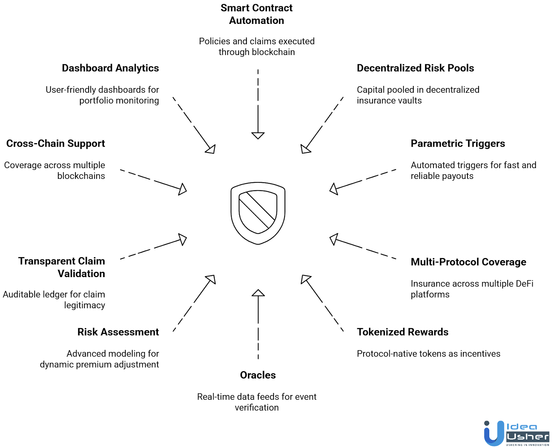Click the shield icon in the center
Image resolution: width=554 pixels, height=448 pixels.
(x=258, y=213)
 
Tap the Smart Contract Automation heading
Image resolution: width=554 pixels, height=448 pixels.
(x=257, y=14)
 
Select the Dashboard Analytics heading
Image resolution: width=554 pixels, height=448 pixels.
(x=110, y=68)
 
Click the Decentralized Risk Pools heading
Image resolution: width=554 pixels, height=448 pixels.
(x=415, y=68)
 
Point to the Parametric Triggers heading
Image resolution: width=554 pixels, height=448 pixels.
(x=458, y=144)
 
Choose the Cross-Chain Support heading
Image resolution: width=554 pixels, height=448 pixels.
(x=55, y=144)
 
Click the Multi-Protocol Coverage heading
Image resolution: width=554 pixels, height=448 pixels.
(x=468, y=262)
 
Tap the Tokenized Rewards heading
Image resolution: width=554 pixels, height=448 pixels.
(x=402, y=332)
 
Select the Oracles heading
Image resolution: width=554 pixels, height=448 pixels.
(x=258, y=375)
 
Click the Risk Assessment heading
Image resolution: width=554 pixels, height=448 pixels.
(x=118, y=332)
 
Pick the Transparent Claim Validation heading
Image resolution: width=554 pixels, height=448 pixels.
(x=62, y=267)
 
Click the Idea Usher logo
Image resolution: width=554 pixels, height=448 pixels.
(x=517, y=433)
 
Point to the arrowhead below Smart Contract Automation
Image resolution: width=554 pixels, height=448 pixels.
(x=258, y=135)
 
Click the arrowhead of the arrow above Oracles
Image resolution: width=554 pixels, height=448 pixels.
(x=258, y=293)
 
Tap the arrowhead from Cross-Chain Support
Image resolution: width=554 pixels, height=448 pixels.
(x=182, y=189)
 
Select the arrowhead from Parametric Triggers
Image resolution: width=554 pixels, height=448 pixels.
(x=334, y=189)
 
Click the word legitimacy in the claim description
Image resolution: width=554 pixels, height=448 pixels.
(x=84, y=305)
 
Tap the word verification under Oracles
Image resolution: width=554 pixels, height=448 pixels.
(x=257, y=408)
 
